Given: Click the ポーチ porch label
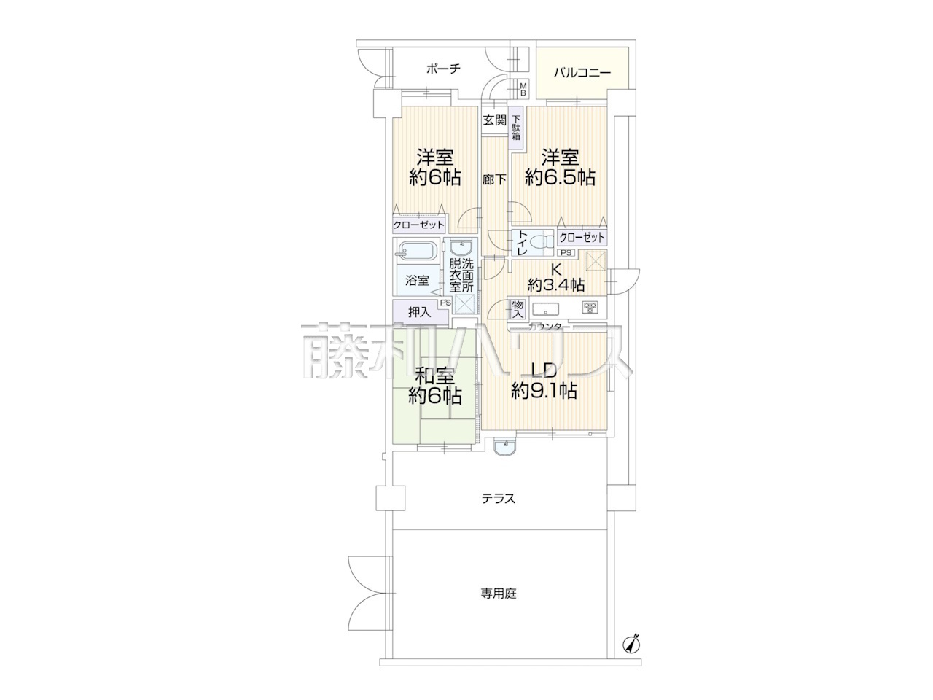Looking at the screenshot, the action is point(443,69).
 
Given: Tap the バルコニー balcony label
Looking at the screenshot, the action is point(582,73).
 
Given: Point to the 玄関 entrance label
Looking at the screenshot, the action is point(495,120).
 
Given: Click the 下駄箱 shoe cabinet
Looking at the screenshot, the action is point(516,128).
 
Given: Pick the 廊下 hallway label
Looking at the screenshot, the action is point(494,180).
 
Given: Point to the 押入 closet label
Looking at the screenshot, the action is point(420,312).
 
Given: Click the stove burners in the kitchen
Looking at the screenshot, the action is point(590,308).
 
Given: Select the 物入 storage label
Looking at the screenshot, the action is point(518,308).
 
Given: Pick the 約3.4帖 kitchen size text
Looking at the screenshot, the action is point(556,284).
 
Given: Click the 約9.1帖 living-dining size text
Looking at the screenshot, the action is point(544,391).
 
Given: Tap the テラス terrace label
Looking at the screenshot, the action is point(498,499).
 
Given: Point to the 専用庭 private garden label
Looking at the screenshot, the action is point(499,594).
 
